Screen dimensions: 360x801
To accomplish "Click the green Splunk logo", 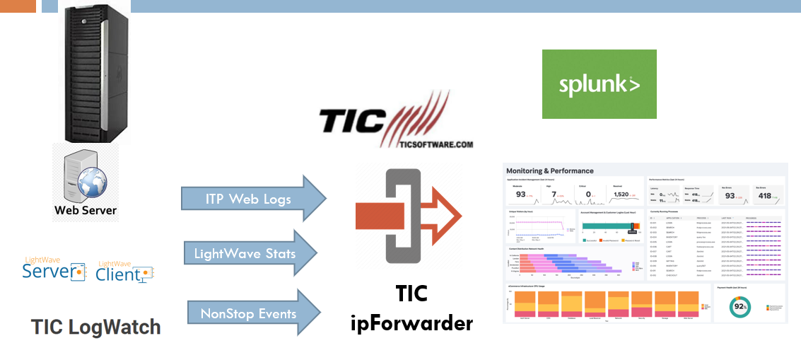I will click(x=599, y=84).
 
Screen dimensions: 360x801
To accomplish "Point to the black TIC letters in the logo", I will click(x=353, y=121).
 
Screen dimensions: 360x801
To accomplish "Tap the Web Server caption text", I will click(x=85, y=210).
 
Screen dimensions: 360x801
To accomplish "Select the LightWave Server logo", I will click(x=54, y=269).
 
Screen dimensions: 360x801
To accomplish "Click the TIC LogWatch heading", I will click(x=95, y=327).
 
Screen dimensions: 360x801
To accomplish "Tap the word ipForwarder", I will click(x=411, y=324).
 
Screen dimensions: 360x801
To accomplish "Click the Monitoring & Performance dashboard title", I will click(x=549, y=170).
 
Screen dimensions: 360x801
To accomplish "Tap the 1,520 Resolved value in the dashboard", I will click(x=621, y=194).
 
